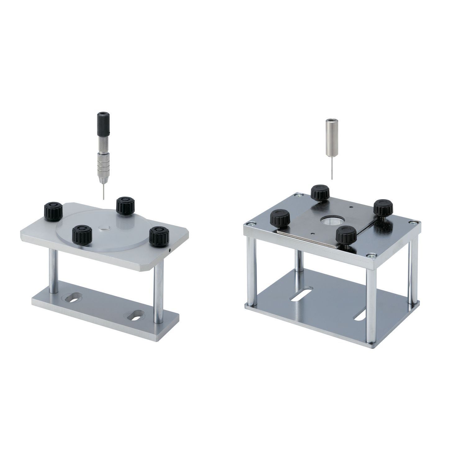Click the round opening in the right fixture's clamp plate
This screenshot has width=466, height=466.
click(x=331, y=221)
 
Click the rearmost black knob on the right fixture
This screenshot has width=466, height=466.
click(x=320, y=192)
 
